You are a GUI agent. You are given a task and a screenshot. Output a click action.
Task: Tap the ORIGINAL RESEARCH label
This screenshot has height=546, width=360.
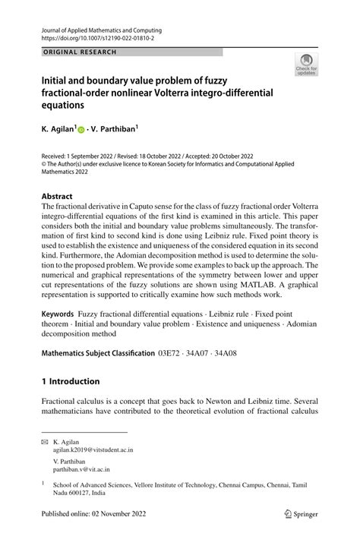pyautogui.click(x=74, y=52)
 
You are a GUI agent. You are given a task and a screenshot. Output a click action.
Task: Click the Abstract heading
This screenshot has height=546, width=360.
pyautogui.click(x=58, y=194)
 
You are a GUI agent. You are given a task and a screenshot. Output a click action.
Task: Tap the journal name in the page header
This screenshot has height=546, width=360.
pyautogui.click(x=96, y=30)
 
